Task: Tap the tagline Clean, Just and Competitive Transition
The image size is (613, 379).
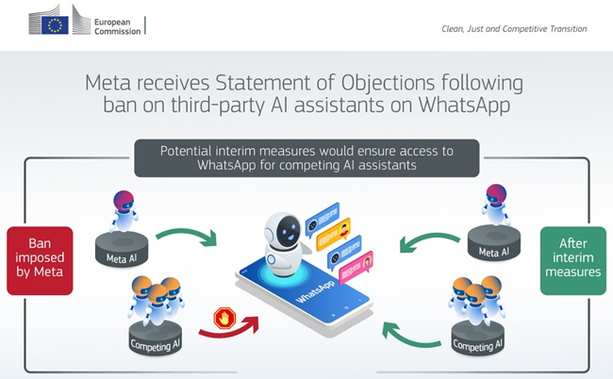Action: [x=514, y=29]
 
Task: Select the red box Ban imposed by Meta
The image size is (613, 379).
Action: [x=40, y=260]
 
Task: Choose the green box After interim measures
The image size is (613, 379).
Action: [x=573, y=260]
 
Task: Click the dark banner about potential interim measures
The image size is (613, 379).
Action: [x=306, y=157]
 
